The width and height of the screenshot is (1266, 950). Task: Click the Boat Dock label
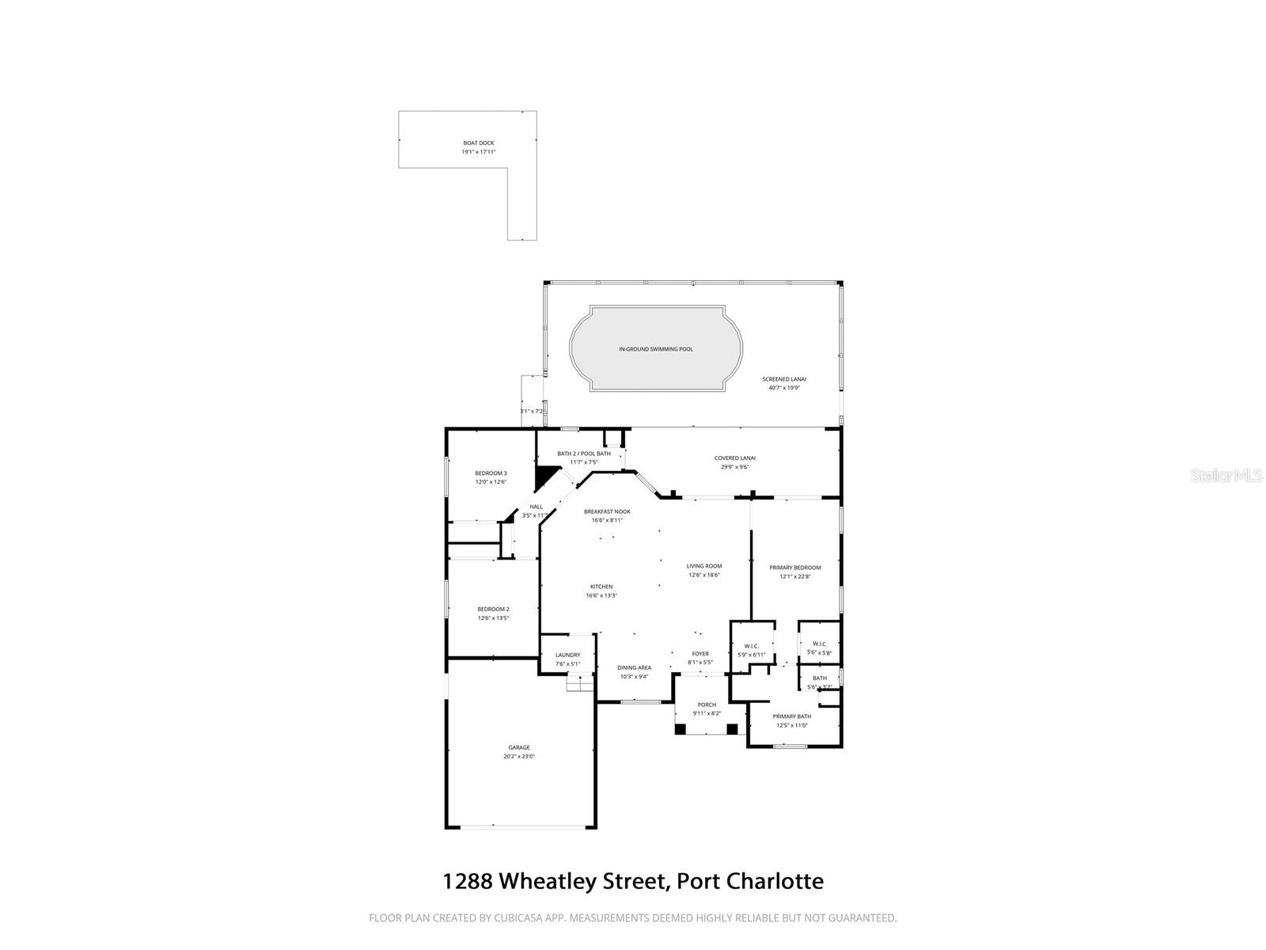coord(479,143)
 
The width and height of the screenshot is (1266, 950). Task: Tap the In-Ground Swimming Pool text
coord(655,349)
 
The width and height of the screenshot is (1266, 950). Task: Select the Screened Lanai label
coord(784,379)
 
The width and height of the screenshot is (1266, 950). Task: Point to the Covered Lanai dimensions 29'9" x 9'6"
coord(734,467)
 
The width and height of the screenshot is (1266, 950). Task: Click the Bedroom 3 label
coord(491,473)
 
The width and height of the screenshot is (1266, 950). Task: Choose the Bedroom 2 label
coord(493,609)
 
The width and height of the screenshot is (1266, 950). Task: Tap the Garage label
coord(519,747)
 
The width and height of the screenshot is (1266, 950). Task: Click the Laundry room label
coord(567,655)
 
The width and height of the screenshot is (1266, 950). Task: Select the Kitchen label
coord(601,587)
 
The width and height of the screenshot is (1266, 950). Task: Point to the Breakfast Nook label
coord(607,511)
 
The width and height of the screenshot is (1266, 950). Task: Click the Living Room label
coord(704,566)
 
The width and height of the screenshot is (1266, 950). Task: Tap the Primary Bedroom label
coord(795,568)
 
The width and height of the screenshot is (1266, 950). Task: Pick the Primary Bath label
coord(792,716)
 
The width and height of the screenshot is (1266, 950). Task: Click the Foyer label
coord(700,654)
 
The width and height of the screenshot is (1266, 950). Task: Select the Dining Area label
coord(634,667)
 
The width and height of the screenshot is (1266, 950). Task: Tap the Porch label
coord(707,705)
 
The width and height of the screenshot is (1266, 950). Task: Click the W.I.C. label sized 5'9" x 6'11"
coord(752,646)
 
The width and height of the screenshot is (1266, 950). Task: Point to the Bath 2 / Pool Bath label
coord(584,454)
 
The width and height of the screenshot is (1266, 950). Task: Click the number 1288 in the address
coord(467,881)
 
